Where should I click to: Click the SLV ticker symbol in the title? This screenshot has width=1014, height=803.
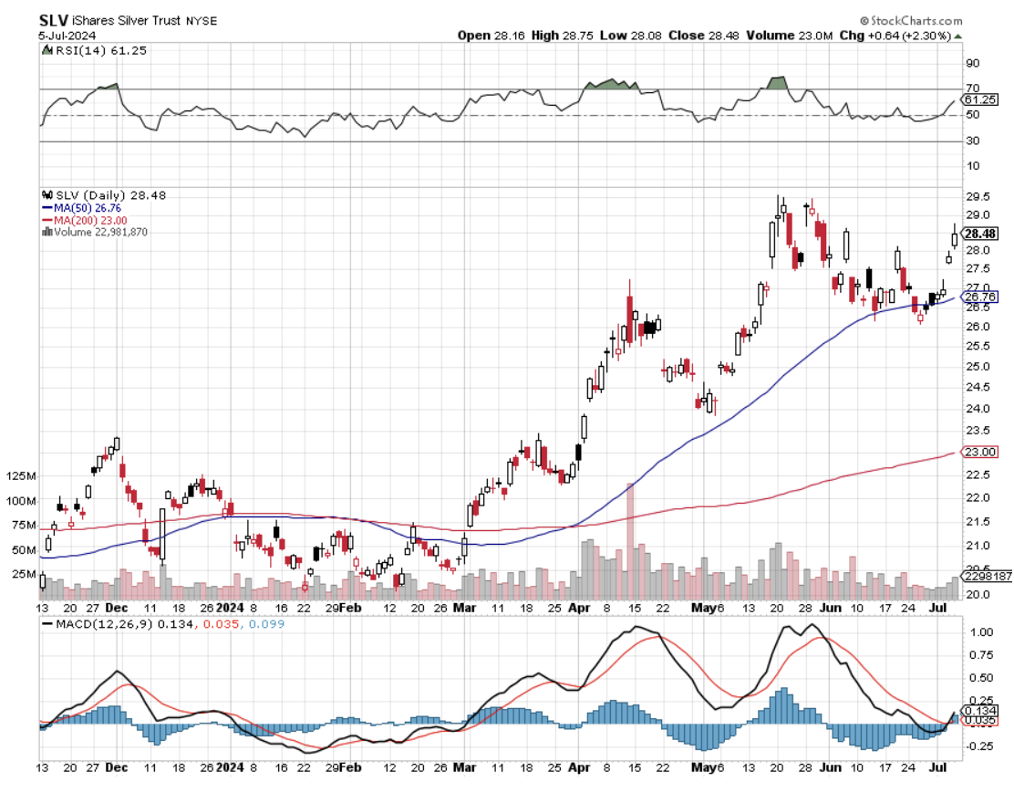pos(54,19)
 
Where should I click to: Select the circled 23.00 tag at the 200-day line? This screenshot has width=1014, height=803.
pos(982,452)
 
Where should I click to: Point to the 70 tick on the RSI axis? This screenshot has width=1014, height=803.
pos(972,89)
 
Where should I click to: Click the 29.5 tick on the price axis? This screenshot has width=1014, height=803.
pos(978,196)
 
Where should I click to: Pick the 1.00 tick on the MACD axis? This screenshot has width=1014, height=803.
pos(980,631)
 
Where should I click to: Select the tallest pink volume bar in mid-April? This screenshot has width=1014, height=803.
pos(629,538)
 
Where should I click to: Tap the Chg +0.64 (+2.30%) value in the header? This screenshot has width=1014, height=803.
pos(902,36)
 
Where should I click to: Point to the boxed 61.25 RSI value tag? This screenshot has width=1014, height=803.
pos(981,99)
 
